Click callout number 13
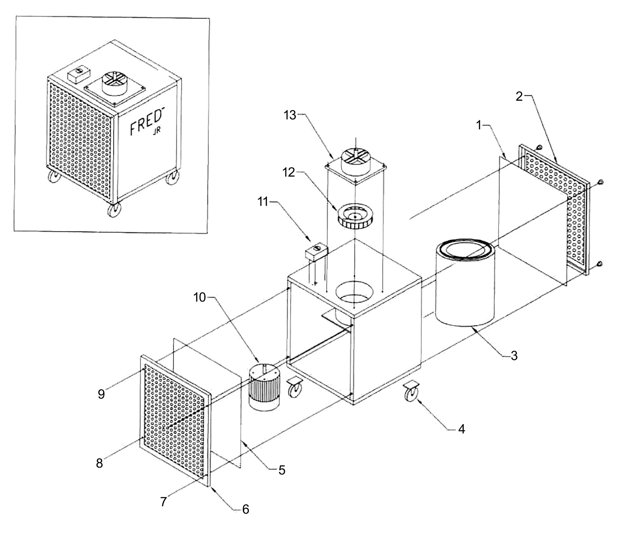(x=290, y=115)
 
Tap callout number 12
(x=289, y=172)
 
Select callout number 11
(x=263, y=202)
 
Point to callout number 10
(x=200, y=298)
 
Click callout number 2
(x=519, y=96)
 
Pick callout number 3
(x=514, y=355)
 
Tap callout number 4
(x=462, y=429)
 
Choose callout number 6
(x=246, y=509)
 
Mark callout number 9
(x=101, y=394)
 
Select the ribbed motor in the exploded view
(x=264, y=387)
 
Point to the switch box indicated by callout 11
(x=317, y=251)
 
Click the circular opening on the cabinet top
(x=354, y=291)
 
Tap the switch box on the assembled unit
(x=79, y=74)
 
